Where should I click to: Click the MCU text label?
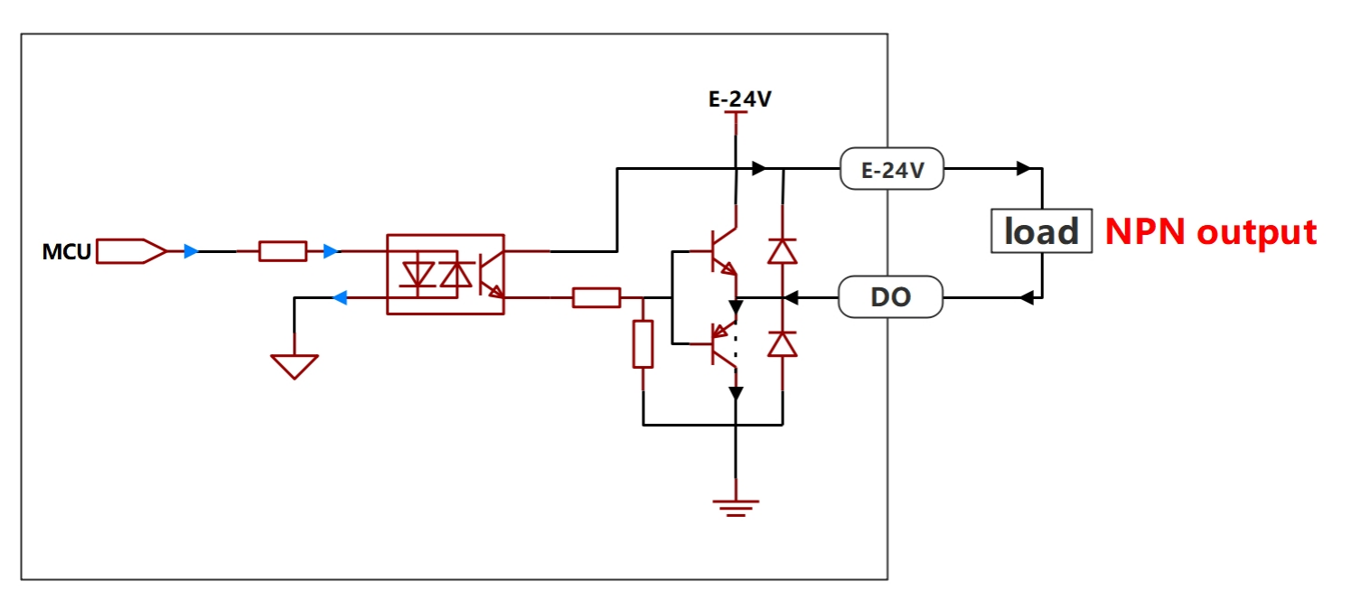pyautogui.click(x=66, y=251)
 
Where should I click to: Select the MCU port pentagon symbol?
pyautogui.click(x=131, y=251)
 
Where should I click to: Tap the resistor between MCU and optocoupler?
pyautogui.click(x=283, y=251)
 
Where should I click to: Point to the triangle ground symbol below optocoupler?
pyautogui.click(x=295, y=366)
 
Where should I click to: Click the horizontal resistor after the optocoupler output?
pyautogui.click(x=596, y=298)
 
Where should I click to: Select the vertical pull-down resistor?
pyautogui.click(x=643, y=343)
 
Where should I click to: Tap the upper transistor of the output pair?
pyautogui.click(x=722, y=251)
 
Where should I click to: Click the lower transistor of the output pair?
pyautogui.click(x=722, y=344)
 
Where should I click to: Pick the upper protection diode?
pyautogui.click(x=783, y=251)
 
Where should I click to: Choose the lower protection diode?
pyautogui.click(x=783, y=343)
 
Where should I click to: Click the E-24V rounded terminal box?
pyautogui.click(x=892, y=169)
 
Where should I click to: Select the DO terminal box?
pyautogui.click(x=890, y=297)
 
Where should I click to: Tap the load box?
pyautogui.click(x=1042, y=231)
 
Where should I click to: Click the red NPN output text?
pyautogui.click(x=1211, y=232)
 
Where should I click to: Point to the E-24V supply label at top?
pyautogui.click(x=740, y=98)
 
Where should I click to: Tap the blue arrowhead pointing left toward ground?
pyautogui.click(x=340, y=298)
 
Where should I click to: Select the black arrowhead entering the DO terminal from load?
pyautogui.click(x=1027, y=298)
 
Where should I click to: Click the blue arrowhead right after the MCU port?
pyautogui.click(x=192, y=251)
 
